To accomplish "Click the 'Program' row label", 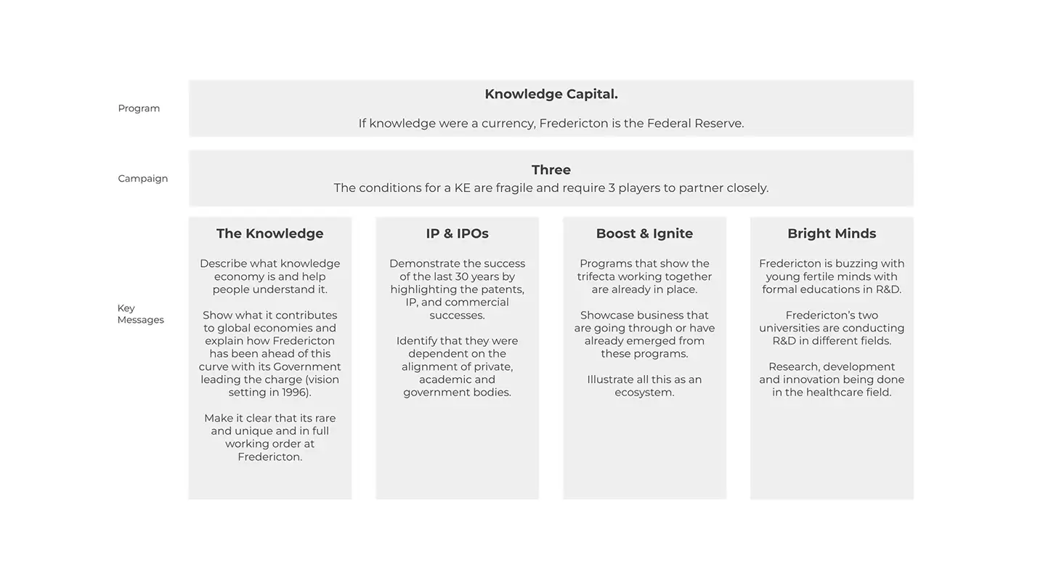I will point(139,108).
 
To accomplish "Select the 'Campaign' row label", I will point(142,178).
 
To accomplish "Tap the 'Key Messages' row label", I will point(140,314).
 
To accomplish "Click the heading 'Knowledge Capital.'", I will point(551,94).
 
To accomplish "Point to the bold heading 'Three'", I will point(551,169).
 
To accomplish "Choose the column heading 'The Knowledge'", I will point(269,233).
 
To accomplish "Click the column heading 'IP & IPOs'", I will point(457,233).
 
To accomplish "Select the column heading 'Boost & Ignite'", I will point(644,233).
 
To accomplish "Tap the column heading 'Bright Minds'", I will point(832,233).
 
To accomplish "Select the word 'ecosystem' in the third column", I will point(644,393).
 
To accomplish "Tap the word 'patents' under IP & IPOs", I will point(501,289).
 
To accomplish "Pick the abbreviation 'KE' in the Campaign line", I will point(462,188).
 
